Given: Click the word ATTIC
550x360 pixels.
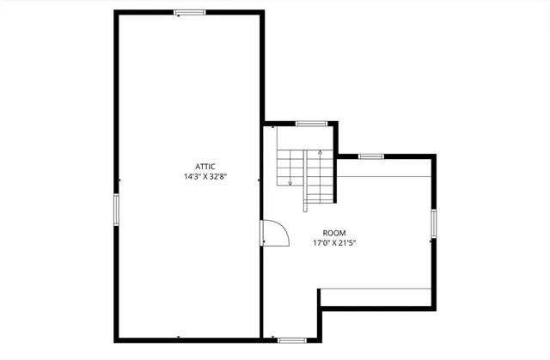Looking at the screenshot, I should coord(205,166).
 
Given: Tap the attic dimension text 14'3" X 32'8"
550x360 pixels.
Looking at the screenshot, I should coord(205,177).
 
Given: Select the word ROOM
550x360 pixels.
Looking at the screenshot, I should coord(334,233).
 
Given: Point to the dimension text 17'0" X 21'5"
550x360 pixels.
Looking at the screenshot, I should coord(334,243).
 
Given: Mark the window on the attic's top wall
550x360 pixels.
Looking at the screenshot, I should coord(189,12).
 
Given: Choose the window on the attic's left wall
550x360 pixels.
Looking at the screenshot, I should coord(116,209).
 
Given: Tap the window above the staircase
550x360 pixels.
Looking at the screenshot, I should coord(310,124).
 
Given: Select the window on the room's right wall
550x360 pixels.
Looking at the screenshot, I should coord(433,225).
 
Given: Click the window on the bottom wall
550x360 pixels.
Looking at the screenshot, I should coord(291,339).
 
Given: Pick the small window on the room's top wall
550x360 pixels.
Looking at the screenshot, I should coord(370,156).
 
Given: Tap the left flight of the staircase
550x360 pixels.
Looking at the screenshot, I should coord(290,168).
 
